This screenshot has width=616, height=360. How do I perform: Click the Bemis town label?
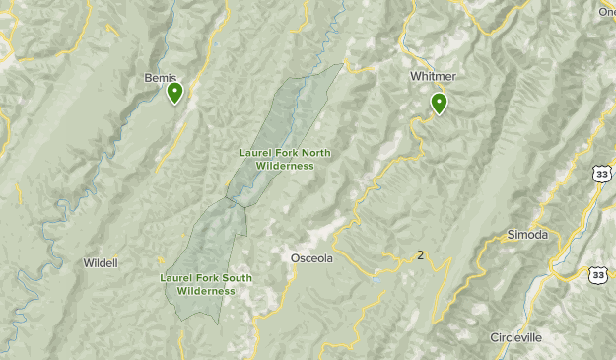[x=160, y=77]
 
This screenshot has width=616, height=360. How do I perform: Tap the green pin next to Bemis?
[x=174, y=93]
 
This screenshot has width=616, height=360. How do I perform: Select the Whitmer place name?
[x=433, y=76]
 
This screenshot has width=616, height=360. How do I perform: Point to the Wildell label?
[x=101, y=263]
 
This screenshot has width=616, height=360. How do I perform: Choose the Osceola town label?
[x=312, y=258]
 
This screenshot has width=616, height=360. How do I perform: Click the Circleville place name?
[x=516, y=337]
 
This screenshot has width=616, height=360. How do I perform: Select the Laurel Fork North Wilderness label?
[x=285, y=159]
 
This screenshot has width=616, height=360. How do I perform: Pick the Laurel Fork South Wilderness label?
[x=206, y=284]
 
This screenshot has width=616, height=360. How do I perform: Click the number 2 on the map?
[x=421, y=255]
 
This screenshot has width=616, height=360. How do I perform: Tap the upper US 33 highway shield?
[x=601, y=174]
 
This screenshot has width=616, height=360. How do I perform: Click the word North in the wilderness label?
[x=316, y=153]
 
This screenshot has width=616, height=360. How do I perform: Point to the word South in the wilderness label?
[x=236, y=278]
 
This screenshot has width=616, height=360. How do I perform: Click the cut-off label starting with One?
[x=606, y=11]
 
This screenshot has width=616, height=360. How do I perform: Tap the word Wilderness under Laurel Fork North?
[x=285, y=166]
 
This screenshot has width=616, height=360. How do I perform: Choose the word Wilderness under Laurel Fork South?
[x=207, y=291]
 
